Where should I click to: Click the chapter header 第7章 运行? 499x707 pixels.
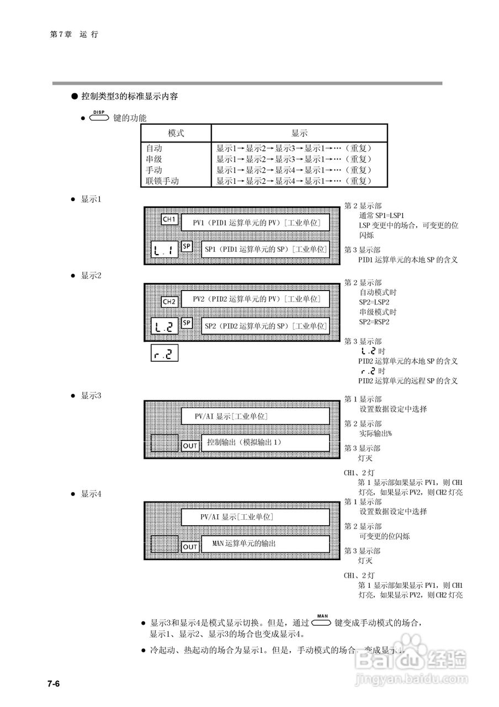(x=74, y=34)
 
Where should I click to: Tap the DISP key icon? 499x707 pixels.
(x=99, y=117)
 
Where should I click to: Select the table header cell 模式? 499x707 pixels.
(x=176, y=133)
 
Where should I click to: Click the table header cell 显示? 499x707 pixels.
(x=299, y=133)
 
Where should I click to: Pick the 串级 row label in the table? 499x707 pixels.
(x=154, y=159)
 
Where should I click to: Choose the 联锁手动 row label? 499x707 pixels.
(x=162, y=181)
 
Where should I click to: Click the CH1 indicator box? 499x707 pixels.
(x=169, y=220)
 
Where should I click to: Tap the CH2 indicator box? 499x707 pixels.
(x=169, y=302)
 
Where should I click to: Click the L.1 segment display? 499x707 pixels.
(x=164, y=250)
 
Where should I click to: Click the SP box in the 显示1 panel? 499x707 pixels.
(x=187, y=246)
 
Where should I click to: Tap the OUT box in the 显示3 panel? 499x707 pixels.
(x=190, y=446)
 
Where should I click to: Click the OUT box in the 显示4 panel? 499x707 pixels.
(x=190, y=547)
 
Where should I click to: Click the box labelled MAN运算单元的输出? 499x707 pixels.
(x=265, y=544)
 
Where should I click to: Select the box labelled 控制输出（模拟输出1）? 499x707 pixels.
(x=265, y=442)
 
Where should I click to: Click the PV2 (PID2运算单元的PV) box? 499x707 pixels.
(x=256, y=299)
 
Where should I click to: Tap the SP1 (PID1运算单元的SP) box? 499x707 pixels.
(x=265, y=250)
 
